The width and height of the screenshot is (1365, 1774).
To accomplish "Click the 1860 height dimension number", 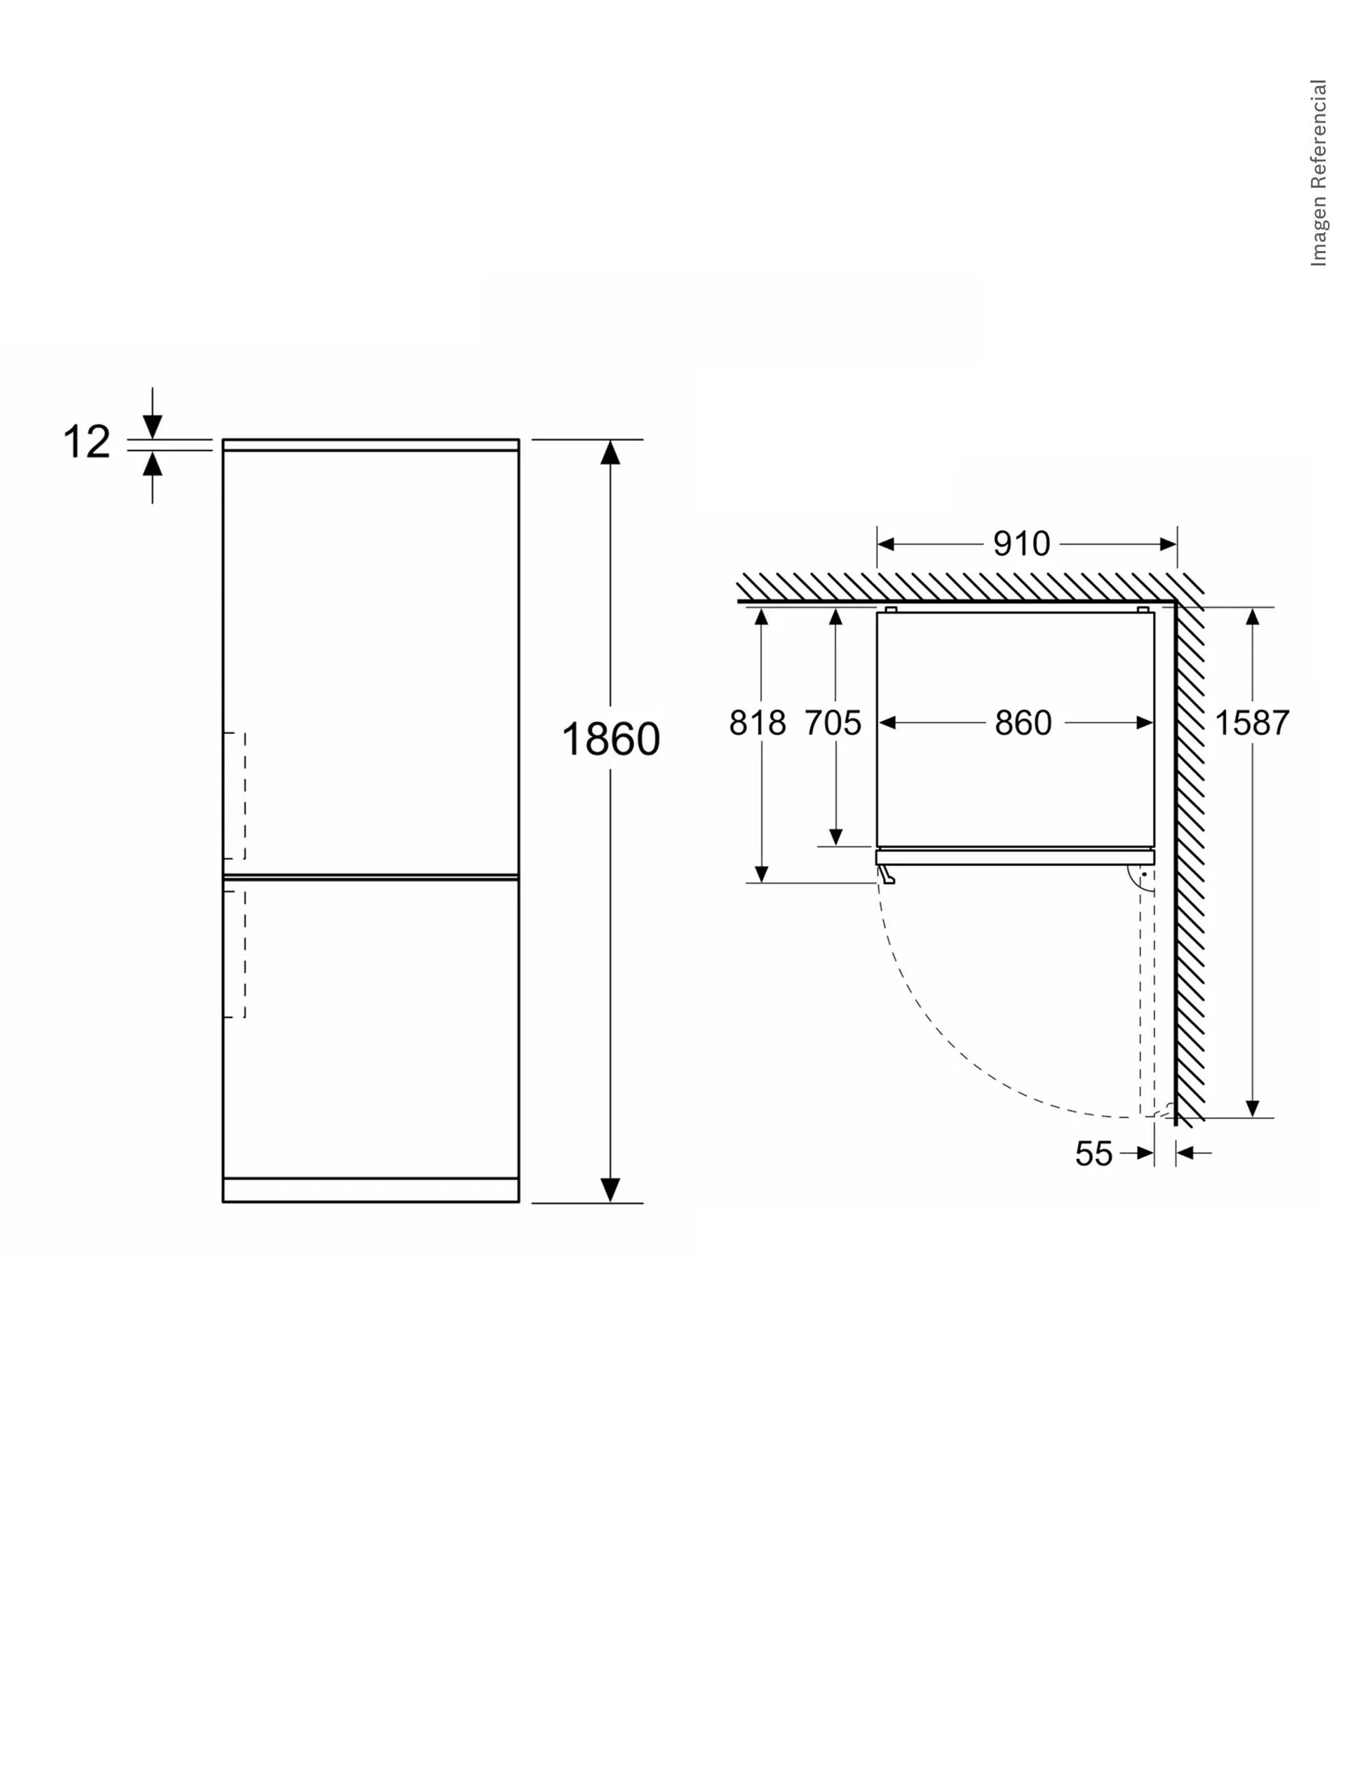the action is [x=611, y=740].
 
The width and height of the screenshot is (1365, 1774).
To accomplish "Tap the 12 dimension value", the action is [x=86, y=442].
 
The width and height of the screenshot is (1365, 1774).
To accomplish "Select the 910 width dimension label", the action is [x=1021, y=543].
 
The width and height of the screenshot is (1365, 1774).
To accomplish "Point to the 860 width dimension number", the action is [x=1023, y=722].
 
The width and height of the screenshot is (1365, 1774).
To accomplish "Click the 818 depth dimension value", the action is [x=758, y=722].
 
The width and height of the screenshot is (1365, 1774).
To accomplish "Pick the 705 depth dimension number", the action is [x=833, y=722].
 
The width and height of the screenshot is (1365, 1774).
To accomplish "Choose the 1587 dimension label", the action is [x=1252, y=722].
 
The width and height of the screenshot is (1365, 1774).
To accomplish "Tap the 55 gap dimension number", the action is [x=1094, y=1153].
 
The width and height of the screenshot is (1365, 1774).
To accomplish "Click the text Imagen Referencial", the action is [x=1318, y=172].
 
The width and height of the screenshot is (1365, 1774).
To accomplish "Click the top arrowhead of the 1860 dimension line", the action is [x=610, y=452].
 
